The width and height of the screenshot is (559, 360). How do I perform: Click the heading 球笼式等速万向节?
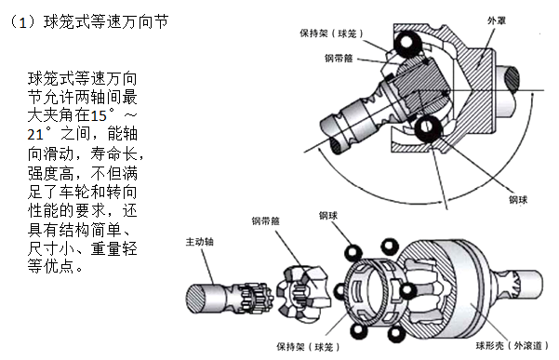click(x=106, y=22)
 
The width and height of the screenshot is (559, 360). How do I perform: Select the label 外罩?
click(x=497, y=20)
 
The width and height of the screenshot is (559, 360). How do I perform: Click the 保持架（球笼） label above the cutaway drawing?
click(x=331, y=33)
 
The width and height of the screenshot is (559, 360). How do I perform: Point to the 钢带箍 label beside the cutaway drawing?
click(x=339, y=58)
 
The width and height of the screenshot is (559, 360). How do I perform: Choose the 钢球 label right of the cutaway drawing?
click(x=518, y=200)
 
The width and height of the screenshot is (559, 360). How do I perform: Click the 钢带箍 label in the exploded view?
click(x=266, y=221)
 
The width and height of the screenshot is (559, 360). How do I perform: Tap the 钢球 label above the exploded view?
click(x=328, y=215)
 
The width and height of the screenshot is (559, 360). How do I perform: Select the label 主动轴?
click(x=199, y=242)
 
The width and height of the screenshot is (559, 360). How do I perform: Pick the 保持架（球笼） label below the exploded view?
click(x=308, y=346)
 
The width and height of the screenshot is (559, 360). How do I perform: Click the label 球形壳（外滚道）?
click(x=512, y=345)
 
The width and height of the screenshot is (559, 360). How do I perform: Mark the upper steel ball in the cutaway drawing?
click(x=406, y=43)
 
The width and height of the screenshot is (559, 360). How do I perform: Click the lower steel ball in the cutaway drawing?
click(x=426, y=127)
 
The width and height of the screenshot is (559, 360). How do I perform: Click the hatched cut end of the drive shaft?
click(x=196, y=300)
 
